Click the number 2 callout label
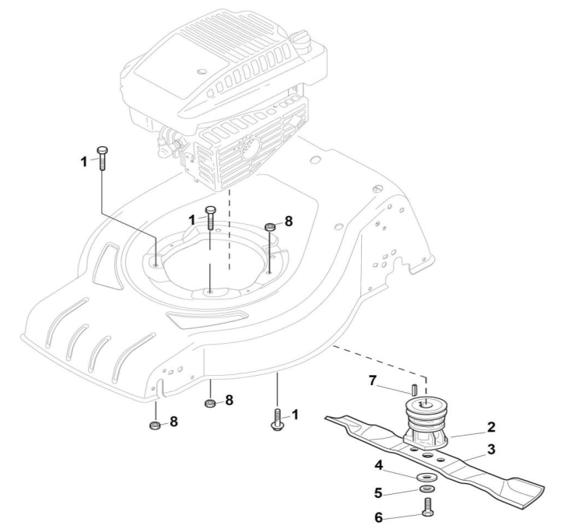492,427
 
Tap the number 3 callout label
491,449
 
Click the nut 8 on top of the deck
270,226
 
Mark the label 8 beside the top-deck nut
288,222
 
